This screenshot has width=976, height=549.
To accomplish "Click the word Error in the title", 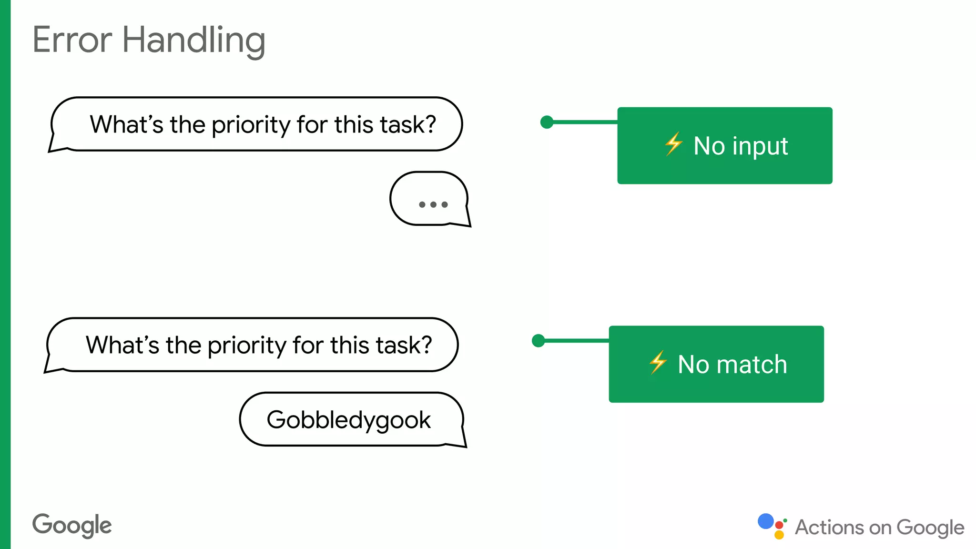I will pos(72,40).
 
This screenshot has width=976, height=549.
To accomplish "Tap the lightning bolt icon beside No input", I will pos(673,144).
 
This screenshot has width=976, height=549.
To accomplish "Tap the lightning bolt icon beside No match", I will pos(658,363).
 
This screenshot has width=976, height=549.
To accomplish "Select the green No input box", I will pos(724,145).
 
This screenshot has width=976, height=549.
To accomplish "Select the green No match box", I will pos(716,364).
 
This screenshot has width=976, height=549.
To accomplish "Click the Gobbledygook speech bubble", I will pos(351,420).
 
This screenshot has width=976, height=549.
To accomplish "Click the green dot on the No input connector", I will pos(547,122).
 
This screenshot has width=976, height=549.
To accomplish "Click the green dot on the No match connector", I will pos(538,341).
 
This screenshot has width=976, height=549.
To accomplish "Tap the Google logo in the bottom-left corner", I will pos(72,525).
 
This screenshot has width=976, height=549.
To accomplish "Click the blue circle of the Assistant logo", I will pos(765,521).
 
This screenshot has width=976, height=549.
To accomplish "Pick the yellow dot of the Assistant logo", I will pos(779,535).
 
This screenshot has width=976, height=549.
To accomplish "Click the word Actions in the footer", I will pos(829,528).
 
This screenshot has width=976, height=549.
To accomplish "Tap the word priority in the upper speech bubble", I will pos(251,125).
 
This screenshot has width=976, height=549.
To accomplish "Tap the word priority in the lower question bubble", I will pos(246,346).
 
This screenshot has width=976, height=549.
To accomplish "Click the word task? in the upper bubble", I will pos(408,125).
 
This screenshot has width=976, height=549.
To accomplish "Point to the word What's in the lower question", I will pos(122,345).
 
